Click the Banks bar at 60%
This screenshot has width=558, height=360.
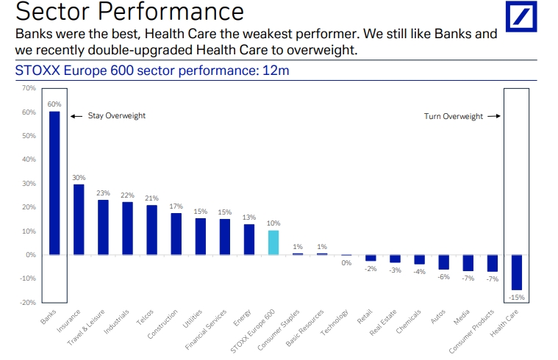54,183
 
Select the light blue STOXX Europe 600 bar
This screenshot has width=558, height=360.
273,242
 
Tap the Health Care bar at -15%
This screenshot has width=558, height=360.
517,273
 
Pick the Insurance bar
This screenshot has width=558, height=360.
79,220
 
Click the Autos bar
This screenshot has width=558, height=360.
444,262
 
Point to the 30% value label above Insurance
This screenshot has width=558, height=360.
79,178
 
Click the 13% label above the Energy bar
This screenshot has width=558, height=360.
249,217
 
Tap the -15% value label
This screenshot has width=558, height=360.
517,298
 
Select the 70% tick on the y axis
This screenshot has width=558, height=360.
29,88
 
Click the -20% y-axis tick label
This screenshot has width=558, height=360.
28,303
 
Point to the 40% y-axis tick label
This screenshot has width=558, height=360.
29,159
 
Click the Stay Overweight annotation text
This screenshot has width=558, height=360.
117,116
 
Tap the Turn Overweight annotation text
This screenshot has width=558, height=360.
454,117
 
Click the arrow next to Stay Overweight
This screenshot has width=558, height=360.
76,116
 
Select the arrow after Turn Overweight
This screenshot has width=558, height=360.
494,116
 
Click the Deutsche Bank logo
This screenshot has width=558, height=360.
521,16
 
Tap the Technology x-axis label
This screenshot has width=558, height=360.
334,323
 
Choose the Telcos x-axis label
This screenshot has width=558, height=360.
145,317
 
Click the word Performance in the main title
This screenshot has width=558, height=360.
171,11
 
